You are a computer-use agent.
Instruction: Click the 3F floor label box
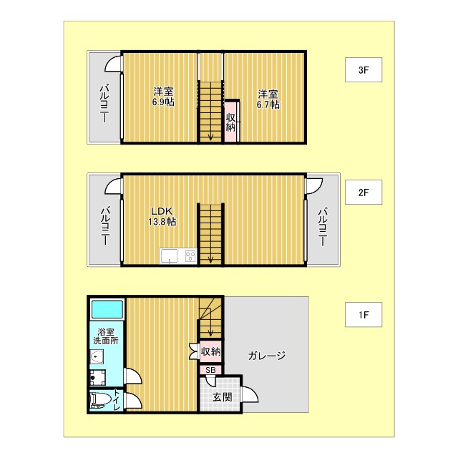(x=363, y=70)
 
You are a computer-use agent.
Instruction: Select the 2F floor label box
(x=363, y=192)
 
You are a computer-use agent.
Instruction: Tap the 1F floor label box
(x=363, y=313)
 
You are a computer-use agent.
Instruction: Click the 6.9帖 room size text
(x=163, y=102)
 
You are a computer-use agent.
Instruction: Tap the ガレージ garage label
(x=267, y=356)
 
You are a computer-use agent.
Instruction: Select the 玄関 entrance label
(x=222, y=397)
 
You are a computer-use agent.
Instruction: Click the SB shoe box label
(x=210, y=370)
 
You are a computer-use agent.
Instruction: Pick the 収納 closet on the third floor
(x=230, y=122)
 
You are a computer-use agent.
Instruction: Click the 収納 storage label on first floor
(x=210, y=351)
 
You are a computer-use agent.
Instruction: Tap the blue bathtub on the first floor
(x=107, y=310)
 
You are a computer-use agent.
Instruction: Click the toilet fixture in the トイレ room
(x=100, y=399)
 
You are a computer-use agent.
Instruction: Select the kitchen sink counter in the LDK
(x=178, y=255)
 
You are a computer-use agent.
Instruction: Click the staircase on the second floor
(x=210, y=233)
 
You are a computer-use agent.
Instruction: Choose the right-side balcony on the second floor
(x=323, y=221)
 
